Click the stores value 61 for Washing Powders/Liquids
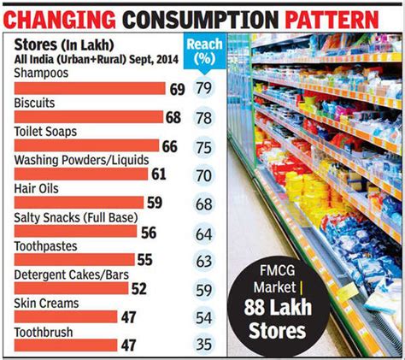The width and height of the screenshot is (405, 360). [x=158, y=175]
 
